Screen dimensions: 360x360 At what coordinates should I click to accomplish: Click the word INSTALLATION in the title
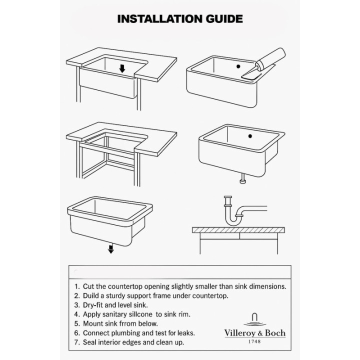pyautogui.click(x=160, y=19)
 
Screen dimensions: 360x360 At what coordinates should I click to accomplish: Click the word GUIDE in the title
pyautogui.click(x=224, y=19)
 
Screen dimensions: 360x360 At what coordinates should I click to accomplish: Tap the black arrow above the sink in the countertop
pyautogui.click(x=122, y=68)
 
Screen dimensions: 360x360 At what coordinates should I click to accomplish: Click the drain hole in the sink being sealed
pyautogui.click(x=238, y=66)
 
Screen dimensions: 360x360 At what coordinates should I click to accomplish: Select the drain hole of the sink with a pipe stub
pyautogui.click(x=250, y=136)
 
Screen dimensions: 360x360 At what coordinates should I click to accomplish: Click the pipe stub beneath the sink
pyautogui.click(x=242, y=178)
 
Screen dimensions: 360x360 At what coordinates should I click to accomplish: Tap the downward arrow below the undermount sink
pyautogui.click(x=111, y=249)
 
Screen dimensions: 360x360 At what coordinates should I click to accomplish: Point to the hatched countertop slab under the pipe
pyautogui.click(x=238, y=230)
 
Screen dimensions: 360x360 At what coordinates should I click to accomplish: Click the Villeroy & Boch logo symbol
pyautogui.click(x=254, y=319)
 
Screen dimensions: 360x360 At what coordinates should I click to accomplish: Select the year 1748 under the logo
pyautogui.click(x=254, y=341)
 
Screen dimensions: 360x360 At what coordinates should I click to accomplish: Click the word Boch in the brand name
pyautogui.click(x=275, y=333)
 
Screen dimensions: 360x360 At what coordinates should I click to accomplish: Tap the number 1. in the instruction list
pyautogui.click(x=77, y=286)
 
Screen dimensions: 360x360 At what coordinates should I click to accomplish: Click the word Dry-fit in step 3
pyautogui.click(x=93, y=305)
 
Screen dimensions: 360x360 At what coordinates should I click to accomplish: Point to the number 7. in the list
pyautogui.click(x=77, y=342)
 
